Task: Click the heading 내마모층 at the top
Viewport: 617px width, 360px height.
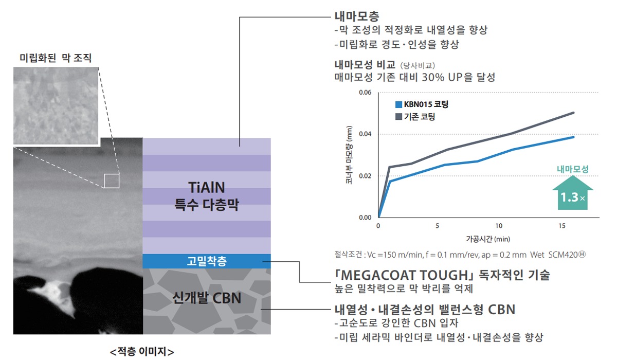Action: click(357, 16)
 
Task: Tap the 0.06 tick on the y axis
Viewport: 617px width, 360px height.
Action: click(365, 92)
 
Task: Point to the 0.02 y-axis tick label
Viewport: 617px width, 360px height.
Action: click(365, 176)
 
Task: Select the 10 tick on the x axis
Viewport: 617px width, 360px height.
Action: click(499, 226)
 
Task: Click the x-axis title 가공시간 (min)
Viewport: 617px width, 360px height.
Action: click(488, 239)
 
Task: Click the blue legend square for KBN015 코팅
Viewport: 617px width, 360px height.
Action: click(398, 105)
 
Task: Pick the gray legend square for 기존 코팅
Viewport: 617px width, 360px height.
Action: click(398, 117)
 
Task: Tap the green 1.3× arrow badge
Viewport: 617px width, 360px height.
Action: click(573, 193)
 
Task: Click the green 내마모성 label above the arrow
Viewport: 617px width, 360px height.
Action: click(573, 169)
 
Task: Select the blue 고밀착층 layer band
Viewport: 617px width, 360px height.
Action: click(207, 261)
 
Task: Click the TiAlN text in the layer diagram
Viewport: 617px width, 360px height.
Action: click(207, 188)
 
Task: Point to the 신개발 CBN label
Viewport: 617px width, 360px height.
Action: click(207, 298)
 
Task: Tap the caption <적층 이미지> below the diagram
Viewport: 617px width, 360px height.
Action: click(142, 352)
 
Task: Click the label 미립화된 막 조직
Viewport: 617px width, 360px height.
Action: click(56, 58)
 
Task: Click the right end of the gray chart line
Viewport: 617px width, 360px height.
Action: click(573, 113)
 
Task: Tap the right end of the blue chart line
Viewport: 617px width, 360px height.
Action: click(573, 137)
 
